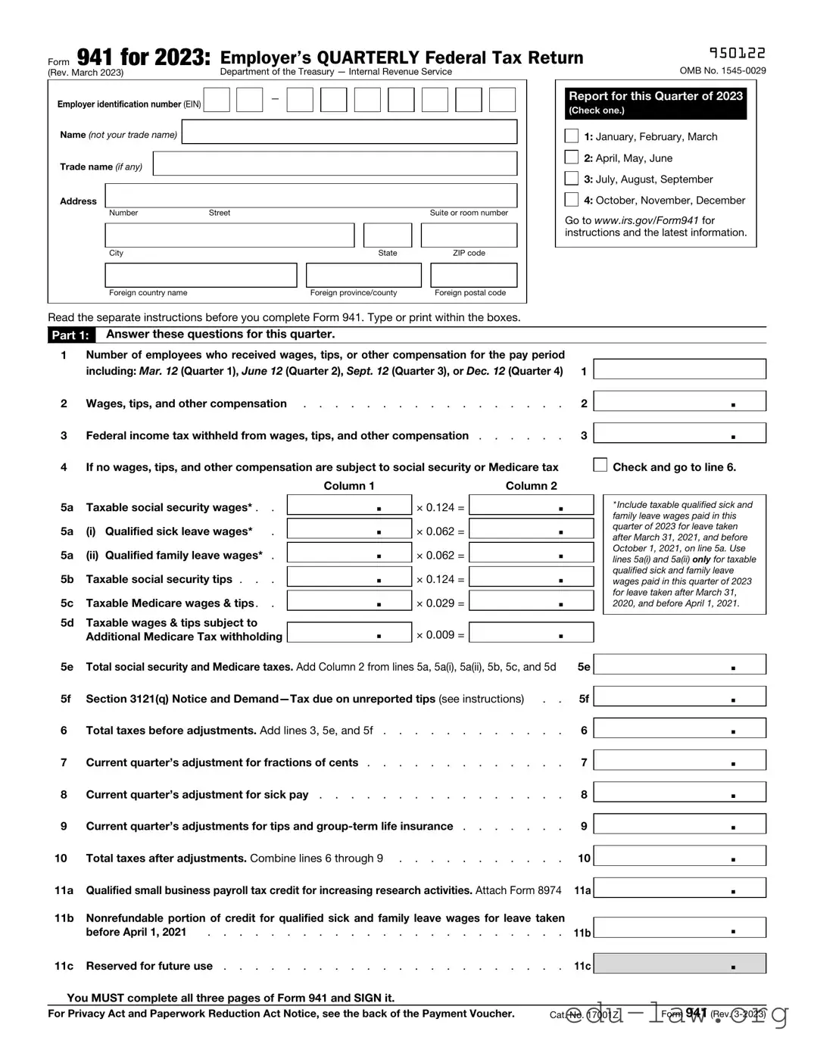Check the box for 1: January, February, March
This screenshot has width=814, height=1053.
click(x=572, y=136)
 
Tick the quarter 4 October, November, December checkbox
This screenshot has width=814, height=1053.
click(x=572, y=200)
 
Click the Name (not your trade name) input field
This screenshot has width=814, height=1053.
click(x=349, y=132)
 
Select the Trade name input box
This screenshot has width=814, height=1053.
click(x=335, y=164)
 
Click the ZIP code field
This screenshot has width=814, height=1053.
click(x=469, y=235)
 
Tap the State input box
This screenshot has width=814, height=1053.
click(x=387, y=235)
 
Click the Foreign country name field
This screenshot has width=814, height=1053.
click(x=201, y=276)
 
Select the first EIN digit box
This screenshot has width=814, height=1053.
click(x=217, y=100)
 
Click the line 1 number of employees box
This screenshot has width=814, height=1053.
click(x=679, y=369)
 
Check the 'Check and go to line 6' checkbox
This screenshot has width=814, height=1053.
click(x=600, y=465)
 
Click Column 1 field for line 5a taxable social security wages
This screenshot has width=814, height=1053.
click(x=349, y=506)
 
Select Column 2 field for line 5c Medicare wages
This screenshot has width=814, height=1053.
click(x=532, y=601)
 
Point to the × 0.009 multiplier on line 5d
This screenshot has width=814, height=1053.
click(x=440, y=635)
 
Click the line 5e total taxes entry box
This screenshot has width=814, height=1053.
click(x=679, y=665)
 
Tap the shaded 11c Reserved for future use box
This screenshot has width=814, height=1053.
click(x=679, y=964)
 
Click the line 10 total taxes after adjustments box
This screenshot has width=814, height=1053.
click(x=679, y=856)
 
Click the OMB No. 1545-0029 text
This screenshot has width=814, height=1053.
click(x=722, y=70)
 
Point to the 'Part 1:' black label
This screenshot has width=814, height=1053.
click(x=70, y=335)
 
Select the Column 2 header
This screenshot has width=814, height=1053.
click(x=531, y=486)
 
